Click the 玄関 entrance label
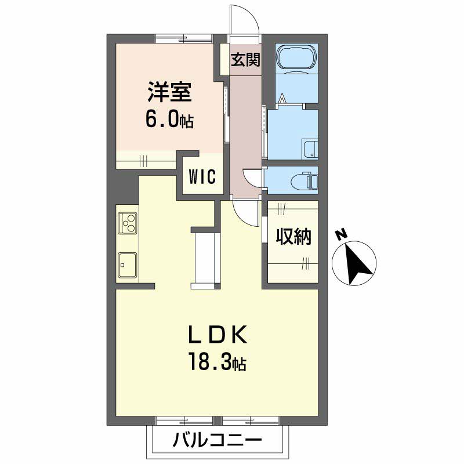click(245, 60)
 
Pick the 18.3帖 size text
click(216, 364)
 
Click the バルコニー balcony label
click(217, 441)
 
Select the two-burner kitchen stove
click(128, 223)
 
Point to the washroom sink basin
click(310, 149)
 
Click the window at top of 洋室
click(184, 38)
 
